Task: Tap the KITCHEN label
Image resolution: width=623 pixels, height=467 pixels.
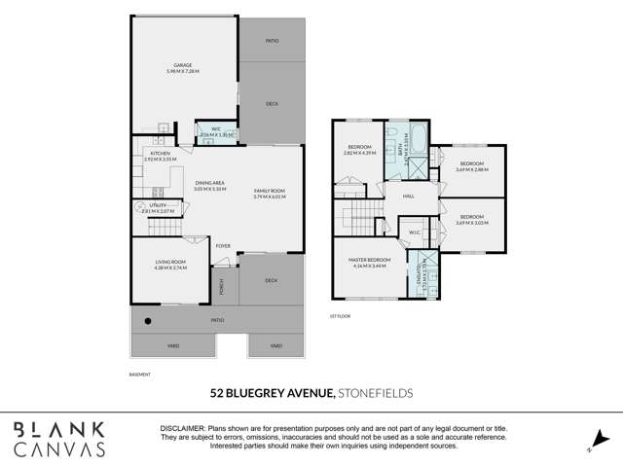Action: tap(161, 153)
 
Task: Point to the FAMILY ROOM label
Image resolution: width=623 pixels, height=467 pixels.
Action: tap(270, 190)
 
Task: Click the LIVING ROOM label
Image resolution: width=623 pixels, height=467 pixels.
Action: tap(169, 262)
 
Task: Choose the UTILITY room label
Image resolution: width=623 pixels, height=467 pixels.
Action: tap(157, 205)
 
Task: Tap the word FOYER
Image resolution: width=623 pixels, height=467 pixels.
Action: tap(223, 245)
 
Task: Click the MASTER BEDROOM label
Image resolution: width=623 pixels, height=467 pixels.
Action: tap(371, 260)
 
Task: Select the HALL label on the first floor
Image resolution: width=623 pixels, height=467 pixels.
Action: tap(409, 196)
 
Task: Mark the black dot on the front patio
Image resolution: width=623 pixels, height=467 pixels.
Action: tap(148, 320)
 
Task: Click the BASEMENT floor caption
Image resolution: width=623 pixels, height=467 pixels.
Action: tap(140, 373)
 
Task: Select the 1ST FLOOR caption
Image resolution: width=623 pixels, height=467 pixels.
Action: tap(338, 316)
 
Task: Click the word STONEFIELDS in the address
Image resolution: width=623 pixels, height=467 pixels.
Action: tap(375, 393)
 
